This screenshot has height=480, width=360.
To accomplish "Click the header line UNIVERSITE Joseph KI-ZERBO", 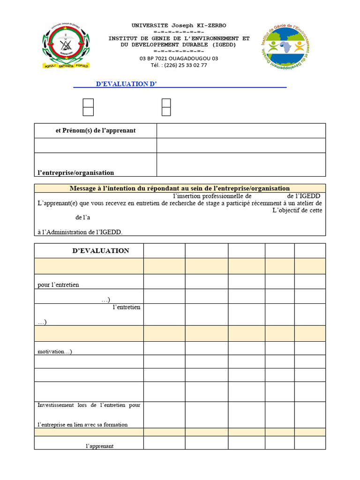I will (179, 25).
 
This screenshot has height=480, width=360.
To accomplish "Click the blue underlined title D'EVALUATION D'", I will (126, 84).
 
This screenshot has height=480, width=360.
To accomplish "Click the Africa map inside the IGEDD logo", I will (285, 47).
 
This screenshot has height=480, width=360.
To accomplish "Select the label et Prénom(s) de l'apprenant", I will (96, 131).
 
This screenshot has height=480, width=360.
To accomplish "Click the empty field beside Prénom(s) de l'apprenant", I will (241, 131).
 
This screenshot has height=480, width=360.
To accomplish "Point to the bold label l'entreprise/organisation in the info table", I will (76, 172).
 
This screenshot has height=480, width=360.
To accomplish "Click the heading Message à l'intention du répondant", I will (180, 188).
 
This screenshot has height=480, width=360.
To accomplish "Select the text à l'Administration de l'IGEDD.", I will (82, 232).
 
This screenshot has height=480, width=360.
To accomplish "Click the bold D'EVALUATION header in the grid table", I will (101, 251).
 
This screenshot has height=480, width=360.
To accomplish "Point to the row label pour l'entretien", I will (59, 285).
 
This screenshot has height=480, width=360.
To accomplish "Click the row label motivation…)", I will (55, 352).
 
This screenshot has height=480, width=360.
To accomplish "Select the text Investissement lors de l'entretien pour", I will (89, 405).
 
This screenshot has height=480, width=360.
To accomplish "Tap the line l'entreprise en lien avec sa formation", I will (82, 425).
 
